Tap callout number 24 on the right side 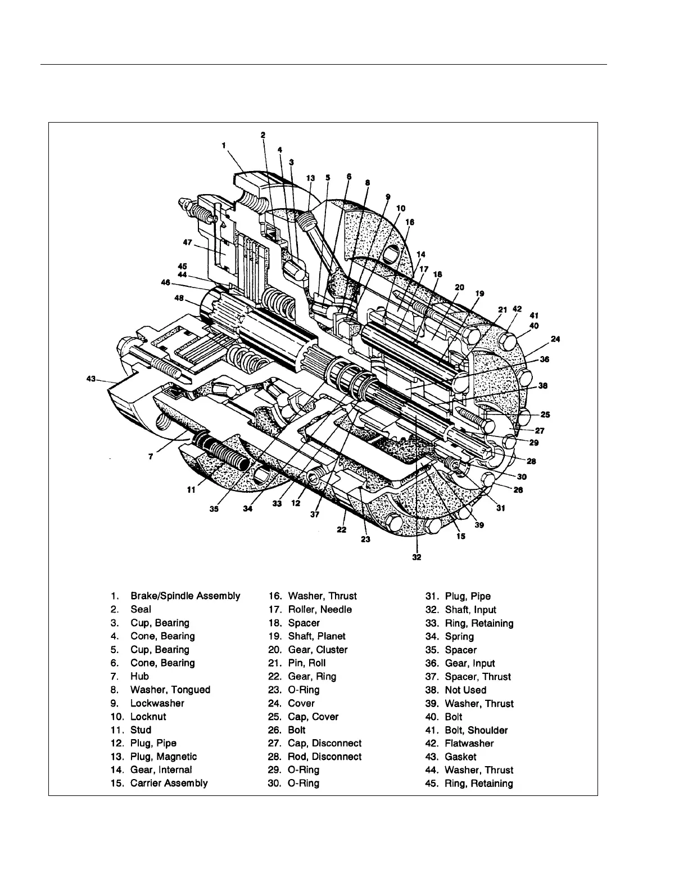coord(556,339)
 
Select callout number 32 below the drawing coord(417,557)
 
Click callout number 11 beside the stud coord(191,490)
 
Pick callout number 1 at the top coord(224,145)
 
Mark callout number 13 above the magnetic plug coord(311,178)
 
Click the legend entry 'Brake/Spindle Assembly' coord(185,596)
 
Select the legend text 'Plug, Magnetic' coord(164,757)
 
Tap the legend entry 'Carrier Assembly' coord(169,783)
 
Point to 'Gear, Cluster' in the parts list coord(318,650)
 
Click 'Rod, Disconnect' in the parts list coord(324,757)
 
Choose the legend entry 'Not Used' coord(465,690)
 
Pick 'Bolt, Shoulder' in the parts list coord(476,730)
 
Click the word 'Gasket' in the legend coord(460,757)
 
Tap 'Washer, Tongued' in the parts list coord(170,690)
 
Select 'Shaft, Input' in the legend coord(470,609)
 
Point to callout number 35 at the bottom coord(214,509)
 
